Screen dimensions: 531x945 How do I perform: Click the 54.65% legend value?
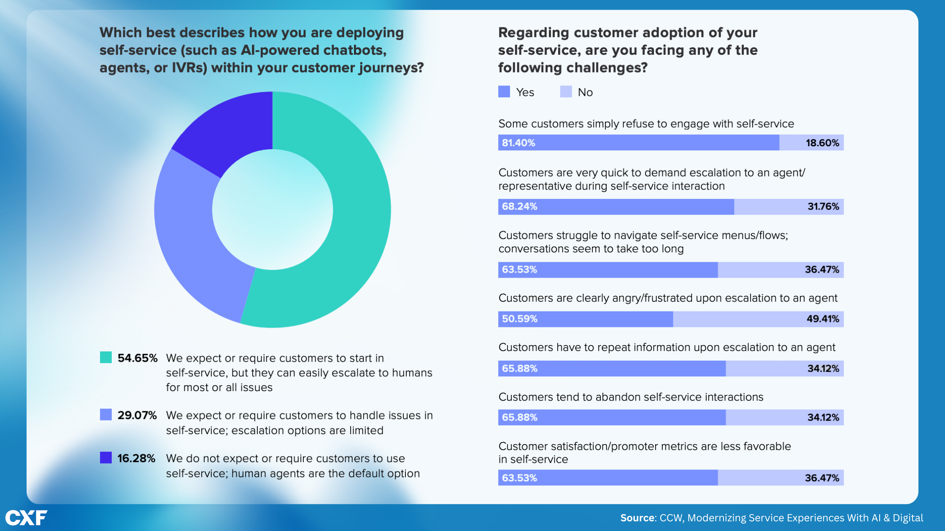pos(137,358)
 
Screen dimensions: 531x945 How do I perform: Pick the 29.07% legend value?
pos(137,416)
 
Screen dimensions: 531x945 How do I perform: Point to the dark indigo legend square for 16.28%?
pos(106,458)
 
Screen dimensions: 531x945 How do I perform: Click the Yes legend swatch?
pos(504,92)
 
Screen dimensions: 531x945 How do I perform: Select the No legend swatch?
pos(566,92)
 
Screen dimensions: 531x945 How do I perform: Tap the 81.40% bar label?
pos(518,143)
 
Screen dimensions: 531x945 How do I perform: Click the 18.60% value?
pos(822,143)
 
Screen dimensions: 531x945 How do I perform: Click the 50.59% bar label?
pos(519,319)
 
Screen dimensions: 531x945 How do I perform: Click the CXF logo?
pos(26,518)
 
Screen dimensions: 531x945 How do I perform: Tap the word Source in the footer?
pos(637,518)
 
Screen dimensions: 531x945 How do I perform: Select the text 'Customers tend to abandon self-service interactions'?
pos(631,397)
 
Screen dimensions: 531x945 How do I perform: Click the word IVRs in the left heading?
pos(189,68)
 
